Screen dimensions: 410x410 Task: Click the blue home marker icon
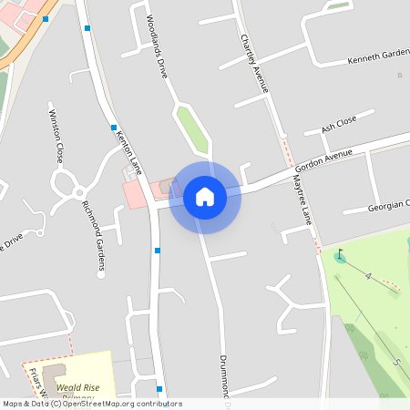pyautogui.click(x=205, y=196)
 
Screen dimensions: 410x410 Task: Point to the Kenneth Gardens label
pyautogui.click(x=378, y=59)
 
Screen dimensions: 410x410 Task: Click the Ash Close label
pyautogui.click(x=338, y=125)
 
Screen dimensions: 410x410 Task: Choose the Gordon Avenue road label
pyautogui.click(x=323, y=162)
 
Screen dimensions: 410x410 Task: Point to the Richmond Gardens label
pyautogui.click(x=94, y=237)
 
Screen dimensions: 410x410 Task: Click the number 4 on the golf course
pyautogui.click(x=368, y=275)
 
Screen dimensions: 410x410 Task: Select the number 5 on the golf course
pyautogui.click(x=396, y=362)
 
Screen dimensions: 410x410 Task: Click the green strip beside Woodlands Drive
pyautogui.click(x=193, y=130)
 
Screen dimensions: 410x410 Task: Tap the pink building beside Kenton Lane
pyautogui.click(x=134, y=194)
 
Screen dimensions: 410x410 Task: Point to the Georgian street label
pyautogui.click(x=388, y=206)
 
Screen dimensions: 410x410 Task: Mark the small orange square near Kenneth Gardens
pyautogui.click(x=399, y=75)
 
